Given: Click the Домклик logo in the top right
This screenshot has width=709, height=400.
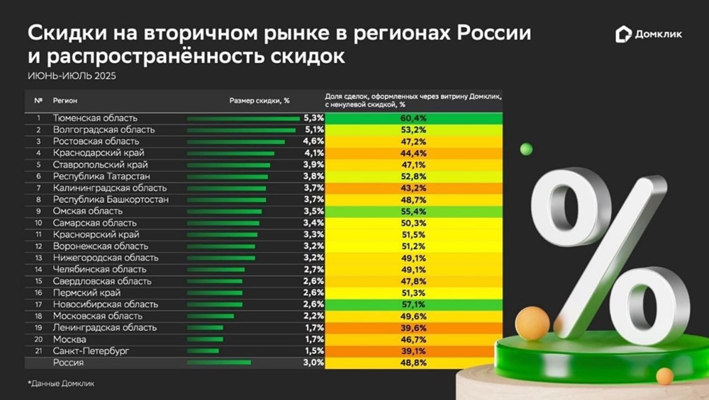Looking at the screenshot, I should pyautogui.click(x=649, y=34).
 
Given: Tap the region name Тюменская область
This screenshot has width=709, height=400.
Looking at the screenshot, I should pyautogui.click(x=95, y=118).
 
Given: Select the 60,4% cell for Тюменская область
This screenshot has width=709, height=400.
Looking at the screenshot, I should pyautogui.click(x=413, y=118).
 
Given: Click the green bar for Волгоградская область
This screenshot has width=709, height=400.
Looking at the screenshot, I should pyautogui.click(x=241, y=130).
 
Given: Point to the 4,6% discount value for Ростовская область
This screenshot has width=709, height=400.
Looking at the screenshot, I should pyautogui.click(x=313, y=142).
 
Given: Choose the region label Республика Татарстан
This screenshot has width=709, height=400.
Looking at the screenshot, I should pyautogui.click(x=101, y=176).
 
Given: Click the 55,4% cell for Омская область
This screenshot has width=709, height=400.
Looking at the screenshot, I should pyautogui.click(x=413, y=211).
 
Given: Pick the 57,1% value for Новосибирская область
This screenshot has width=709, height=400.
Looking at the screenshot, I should pyautogui.click(x=413, y=304).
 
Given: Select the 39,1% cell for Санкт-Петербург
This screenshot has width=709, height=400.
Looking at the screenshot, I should pyautogui.click(x=413, y=350).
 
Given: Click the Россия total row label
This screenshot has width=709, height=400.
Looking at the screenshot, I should pyautogui.click(x=68, y=362).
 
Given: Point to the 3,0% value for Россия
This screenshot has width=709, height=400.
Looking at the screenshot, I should pyautogui.click(x=313, y=362).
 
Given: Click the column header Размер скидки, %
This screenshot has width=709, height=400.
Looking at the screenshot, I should pyautogui.click(x=259, y=101).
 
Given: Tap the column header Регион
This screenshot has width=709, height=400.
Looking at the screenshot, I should pyautogui.click(x=66, y=101).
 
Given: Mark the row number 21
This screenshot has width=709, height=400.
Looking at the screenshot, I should pyautogui.click(x=38, y=350).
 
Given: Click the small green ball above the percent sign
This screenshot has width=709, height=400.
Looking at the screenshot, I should pyautogui.click(x=526, y=149).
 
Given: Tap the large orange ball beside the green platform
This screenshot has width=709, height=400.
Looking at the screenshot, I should pyautogui.click(x=532, y=324).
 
